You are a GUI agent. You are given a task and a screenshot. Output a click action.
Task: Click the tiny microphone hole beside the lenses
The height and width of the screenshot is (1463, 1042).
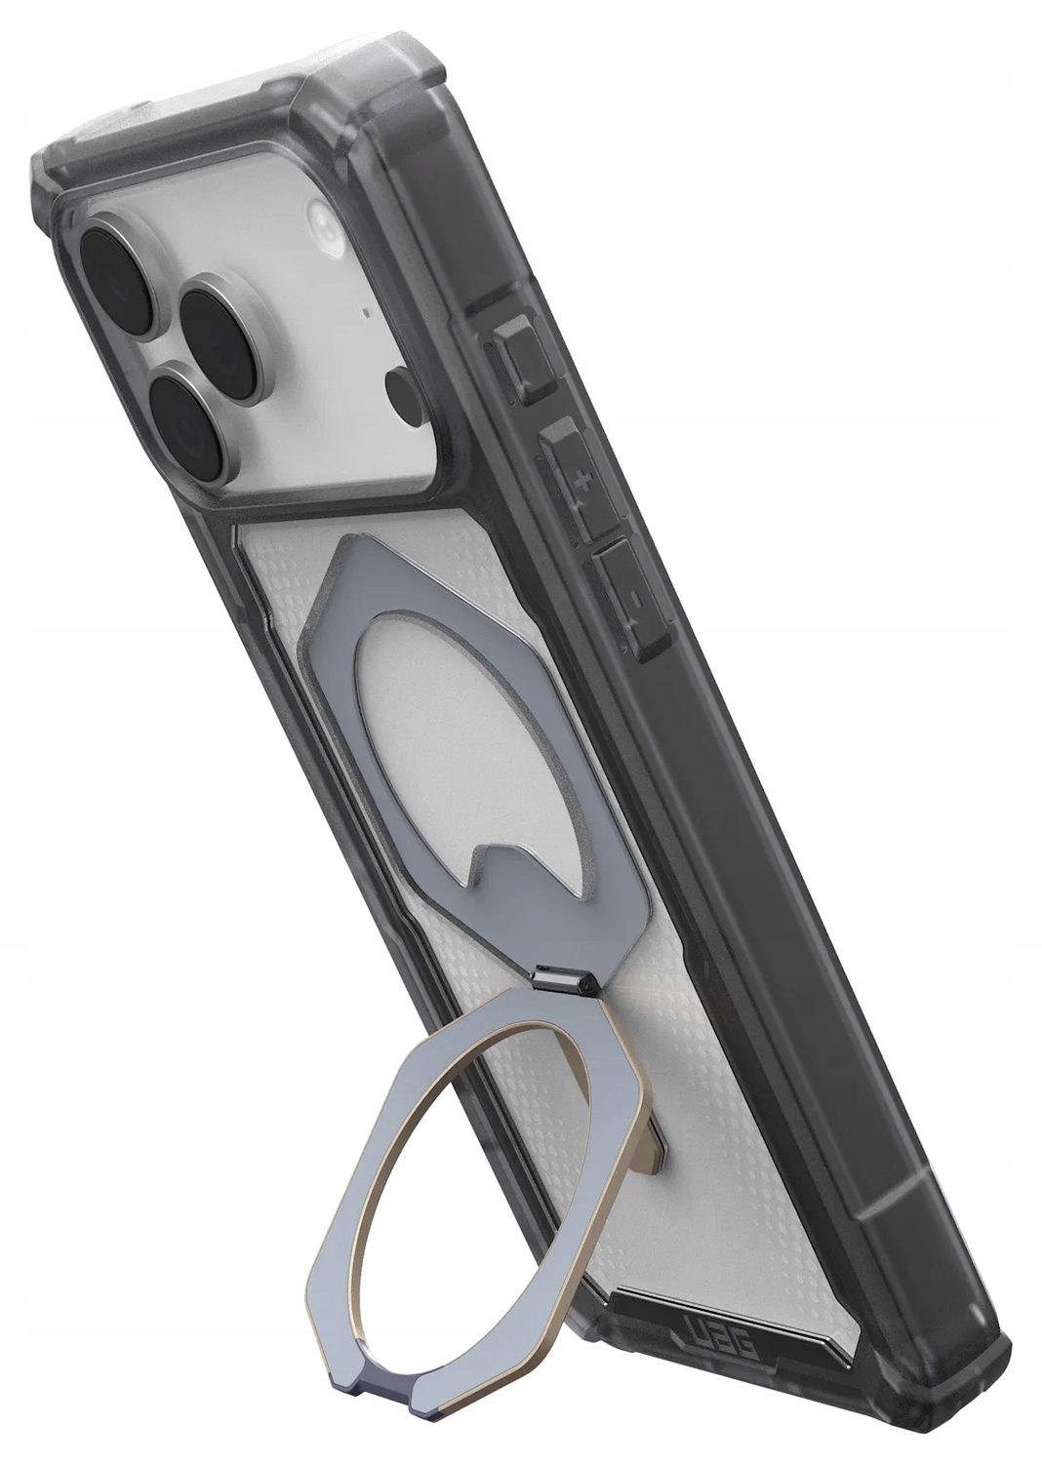(x=364, y=315)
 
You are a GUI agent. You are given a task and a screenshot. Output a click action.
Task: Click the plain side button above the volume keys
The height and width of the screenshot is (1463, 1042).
(x=524, y=361)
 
